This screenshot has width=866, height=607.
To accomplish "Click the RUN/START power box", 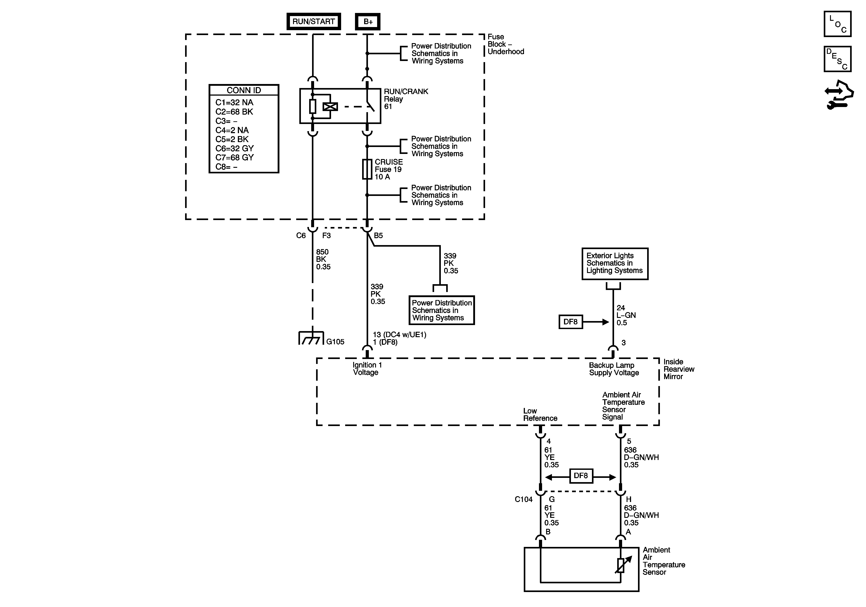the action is click(313, 21).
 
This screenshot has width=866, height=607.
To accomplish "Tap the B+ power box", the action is click(368, 21).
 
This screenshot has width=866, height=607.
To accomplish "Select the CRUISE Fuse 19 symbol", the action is click(367, 169).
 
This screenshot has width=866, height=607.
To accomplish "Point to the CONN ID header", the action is click(244, 90).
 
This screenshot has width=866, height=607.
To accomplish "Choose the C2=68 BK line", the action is click(234, 112).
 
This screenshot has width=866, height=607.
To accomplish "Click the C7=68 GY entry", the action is click(234, 157).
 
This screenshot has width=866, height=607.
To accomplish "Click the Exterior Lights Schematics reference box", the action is click(615, 264).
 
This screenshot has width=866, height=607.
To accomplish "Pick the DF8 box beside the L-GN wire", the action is click(570, 322).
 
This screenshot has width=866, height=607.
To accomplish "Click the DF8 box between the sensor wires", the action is click(581, 476).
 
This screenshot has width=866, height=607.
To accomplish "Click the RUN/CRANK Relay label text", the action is click(406, 99).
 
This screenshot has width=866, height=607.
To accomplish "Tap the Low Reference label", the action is click(540, 415).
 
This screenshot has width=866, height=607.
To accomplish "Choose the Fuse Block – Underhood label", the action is click(506, 44).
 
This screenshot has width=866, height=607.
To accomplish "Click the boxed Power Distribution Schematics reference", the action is click(442, 310).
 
